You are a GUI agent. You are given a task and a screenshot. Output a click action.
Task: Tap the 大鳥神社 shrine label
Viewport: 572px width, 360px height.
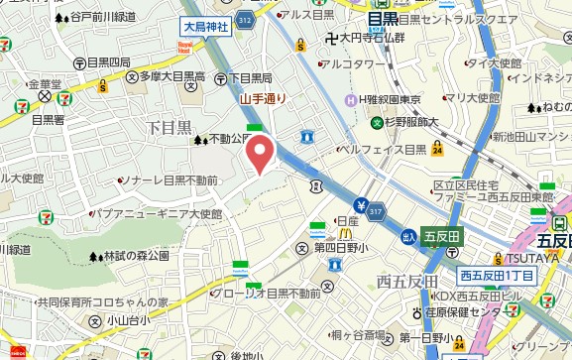[x=205, y=27]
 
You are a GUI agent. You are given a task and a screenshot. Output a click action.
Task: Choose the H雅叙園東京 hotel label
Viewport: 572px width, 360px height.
[x=393, y=100]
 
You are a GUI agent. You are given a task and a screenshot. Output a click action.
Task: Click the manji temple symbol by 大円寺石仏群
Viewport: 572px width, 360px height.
[x=330, y=39]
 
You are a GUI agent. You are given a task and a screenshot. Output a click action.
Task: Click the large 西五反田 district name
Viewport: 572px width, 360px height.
[x=406, y=282]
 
